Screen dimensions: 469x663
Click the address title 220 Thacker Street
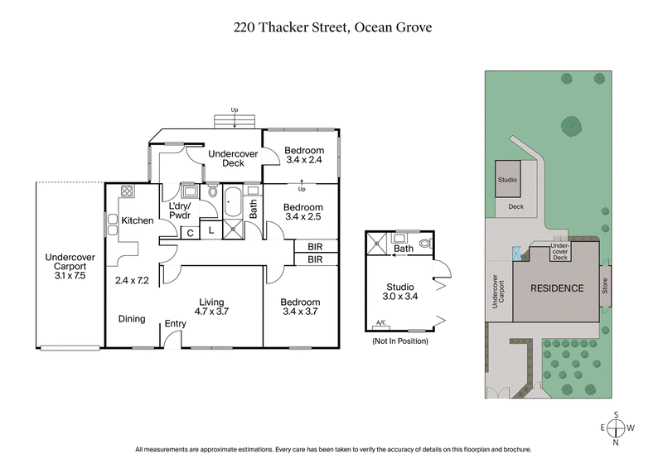point(331,27)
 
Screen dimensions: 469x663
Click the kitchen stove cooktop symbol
point(128,191)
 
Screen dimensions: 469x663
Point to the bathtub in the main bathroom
point(233,202)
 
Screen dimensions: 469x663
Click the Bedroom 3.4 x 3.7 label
point(299,307)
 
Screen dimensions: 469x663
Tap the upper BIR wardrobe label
point(315,246)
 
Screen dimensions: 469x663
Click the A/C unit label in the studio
point(381,322)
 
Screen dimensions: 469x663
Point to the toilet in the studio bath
point(426,244)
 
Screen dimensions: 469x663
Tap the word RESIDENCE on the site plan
point(558,288)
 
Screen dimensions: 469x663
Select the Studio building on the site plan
point(506,179)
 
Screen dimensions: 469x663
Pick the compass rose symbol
point(616,428)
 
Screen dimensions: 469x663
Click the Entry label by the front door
point(175,324)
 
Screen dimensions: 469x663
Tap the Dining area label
point(132,318)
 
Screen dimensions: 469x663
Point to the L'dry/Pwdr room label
point(180,210)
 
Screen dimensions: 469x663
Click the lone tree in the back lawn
point(570,126)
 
